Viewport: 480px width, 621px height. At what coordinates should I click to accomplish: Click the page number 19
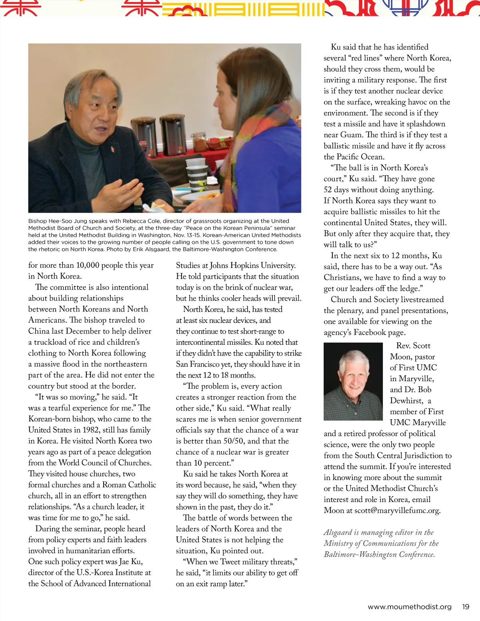click(466, 607)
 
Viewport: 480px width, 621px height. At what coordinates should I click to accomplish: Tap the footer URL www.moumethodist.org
click(410, 607)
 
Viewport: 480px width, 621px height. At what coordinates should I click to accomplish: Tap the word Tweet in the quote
click(230, 562)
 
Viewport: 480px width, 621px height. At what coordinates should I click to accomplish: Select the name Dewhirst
click(406, 401)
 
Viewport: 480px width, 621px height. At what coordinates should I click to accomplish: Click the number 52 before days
click(328, 190)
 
